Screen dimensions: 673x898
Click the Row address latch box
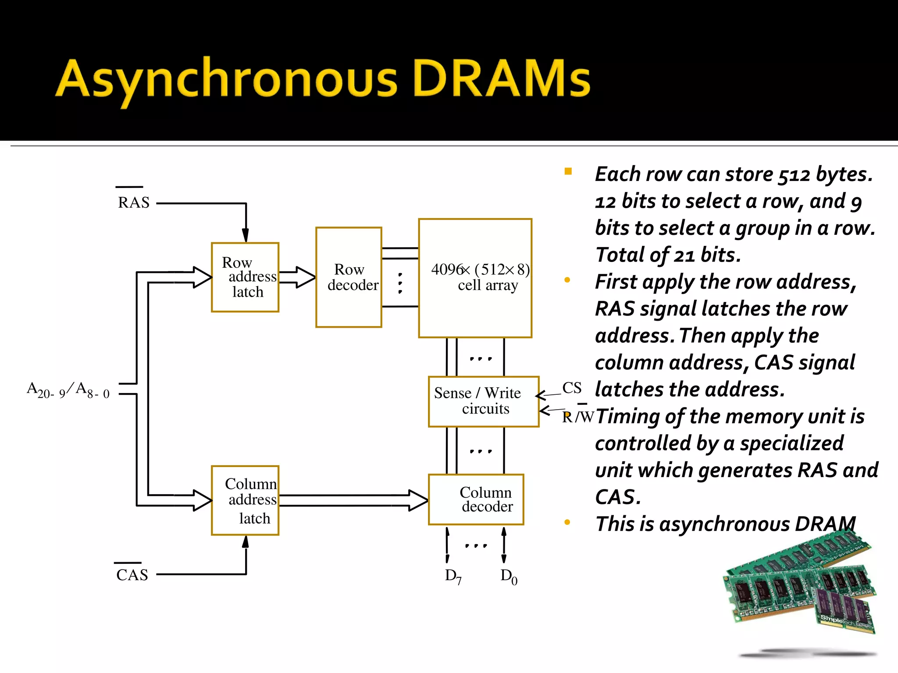[245, 277]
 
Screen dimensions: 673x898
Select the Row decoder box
[349, 277]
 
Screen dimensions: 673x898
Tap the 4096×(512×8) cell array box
[475, 278]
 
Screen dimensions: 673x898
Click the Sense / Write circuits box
[483, 401]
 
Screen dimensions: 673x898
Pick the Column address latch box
[245, 500]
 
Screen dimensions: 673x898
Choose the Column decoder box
[476, 499]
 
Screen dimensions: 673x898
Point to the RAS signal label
[133, 202]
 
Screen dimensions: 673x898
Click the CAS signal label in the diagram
[132, 574]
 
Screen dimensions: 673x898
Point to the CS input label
[572, 388]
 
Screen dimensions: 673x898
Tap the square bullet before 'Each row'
[568, 171]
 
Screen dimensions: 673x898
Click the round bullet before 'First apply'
[567, 280]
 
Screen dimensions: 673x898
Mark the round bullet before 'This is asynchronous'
[567, 522]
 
